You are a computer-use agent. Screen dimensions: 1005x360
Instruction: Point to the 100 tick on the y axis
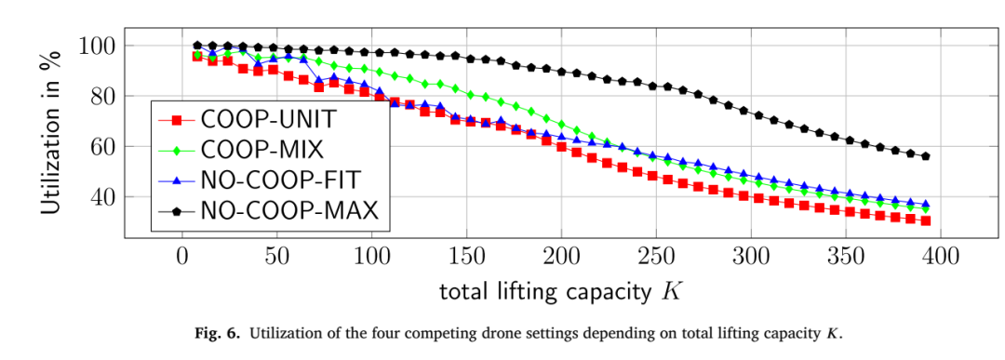pyautogui.click(x=97, y=46)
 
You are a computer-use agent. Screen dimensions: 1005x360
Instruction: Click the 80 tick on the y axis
pyautogui.click(x=102, y=96)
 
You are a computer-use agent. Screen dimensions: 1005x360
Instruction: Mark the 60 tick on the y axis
pyautogui.click(x=102, y=147)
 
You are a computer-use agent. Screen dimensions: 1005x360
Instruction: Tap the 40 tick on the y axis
pyautogui.click(x=102, y=197)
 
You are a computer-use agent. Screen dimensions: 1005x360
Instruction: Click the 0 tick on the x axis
pyautogui.click(x=182, y=259)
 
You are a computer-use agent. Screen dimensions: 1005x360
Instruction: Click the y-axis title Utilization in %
pyautogui.click(x=52, y=133)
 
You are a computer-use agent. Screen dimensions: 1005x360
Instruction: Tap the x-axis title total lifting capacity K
pyautogui.click(x=559, y=291)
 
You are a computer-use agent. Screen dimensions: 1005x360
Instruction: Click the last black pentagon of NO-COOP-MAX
pyautogui.click(x=925, y=156)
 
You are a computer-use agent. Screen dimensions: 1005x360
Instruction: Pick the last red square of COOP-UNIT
pyautogui.click(x=925, y=221)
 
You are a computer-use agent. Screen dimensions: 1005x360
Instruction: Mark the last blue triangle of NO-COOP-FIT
pyautogui.click(x=925, y=204)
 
